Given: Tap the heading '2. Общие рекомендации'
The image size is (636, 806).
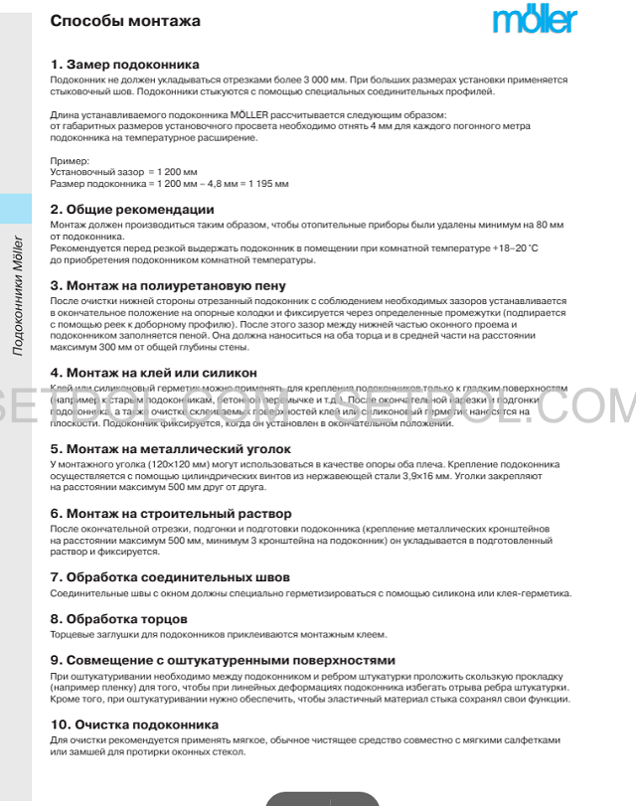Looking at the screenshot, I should tap(132, 210).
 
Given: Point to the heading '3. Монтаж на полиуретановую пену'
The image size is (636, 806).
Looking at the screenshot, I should tap(168, 286).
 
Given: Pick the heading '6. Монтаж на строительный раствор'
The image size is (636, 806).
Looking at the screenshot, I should tap(171, 514).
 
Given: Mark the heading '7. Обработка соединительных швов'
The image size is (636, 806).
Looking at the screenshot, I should tap(170, 577).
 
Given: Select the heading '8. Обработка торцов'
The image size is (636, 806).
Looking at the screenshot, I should tap(119, 618).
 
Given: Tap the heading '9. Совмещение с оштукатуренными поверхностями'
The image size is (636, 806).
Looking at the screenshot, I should tap(223, 660).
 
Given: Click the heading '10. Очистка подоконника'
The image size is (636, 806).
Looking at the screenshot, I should tap(134, 725).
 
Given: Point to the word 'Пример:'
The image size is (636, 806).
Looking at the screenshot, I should tap(70, 160).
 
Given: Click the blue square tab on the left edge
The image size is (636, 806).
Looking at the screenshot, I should tap(16, 209).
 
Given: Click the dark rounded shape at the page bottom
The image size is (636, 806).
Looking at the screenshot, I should tap(322, 798).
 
